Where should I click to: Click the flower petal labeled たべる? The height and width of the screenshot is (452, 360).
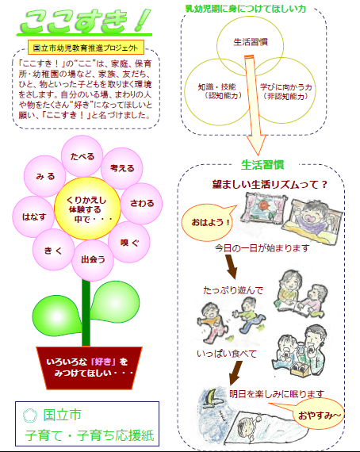point(82,156)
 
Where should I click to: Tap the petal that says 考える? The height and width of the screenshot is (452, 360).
point(122,168)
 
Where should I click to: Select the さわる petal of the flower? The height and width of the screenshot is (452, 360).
point(141,204)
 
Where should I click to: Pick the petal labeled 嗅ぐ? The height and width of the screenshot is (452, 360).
point(129,242)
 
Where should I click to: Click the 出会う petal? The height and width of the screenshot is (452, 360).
point(93,260)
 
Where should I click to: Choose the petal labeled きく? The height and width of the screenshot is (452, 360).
point(53,250)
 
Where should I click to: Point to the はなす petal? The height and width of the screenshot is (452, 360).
point(34,216)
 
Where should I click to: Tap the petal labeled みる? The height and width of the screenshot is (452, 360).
point(45,176)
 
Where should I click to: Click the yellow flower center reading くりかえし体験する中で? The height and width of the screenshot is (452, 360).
point(87,209)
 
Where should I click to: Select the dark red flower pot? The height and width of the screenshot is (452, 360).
point(89,368)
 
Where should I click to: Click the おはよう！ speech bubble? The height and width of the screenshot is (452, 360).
point(208,222)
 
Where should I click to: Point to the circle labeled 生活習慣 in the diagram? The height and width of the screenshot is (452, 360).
point(251,42)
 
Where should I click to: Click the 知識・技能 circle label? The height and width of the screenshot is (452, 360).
point(216,92)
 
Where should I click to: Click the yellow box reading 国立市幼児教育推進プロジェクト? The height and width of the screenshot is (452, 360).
point(86,48)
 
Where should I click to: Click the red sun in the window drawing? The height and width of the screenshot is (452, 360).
point(263,205)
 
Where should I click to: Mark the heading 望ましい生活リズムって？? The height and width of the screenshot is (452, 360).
point(270,184)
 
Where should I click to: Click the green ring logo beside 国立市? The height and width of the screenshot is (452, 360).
point(30,416)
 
